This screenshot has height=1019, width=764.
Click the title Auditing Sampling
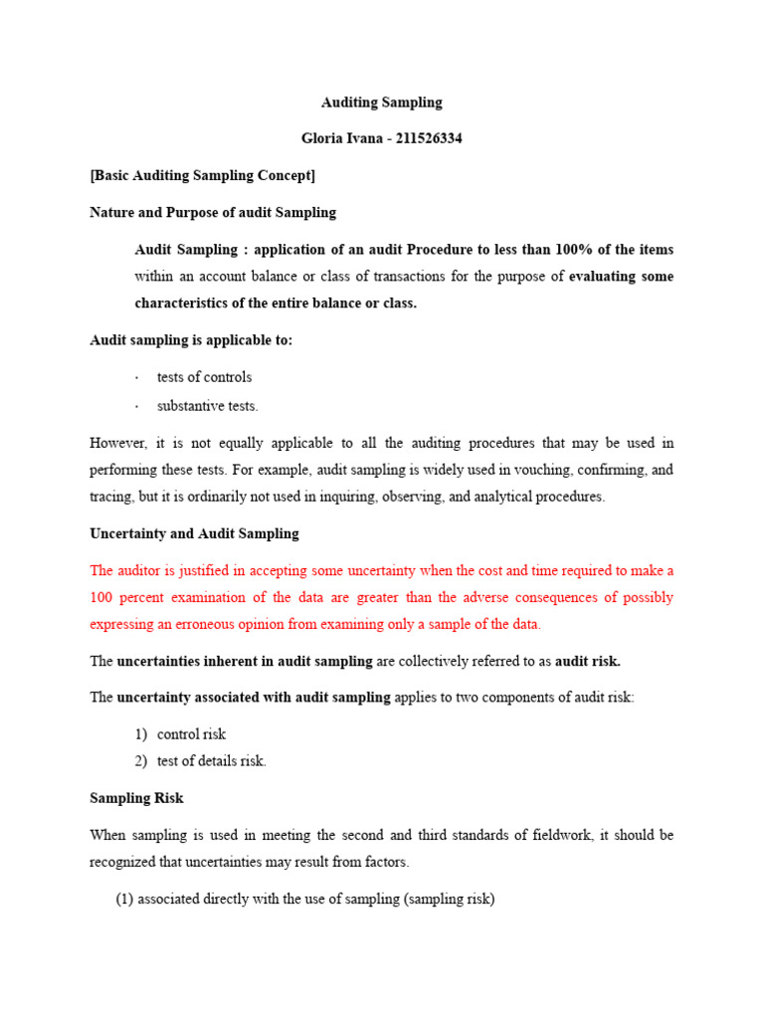tap(381, 102)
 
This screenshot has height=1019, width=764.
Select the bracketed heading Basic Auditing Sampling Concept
tap(202, 176)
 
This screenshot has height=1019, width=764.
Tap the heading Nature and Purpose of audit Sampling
tap(213, 212)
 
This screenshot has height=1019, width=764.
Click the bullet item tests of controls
tap(204, 377)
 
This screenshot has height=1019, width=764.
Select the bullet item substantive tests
tap(207, 406)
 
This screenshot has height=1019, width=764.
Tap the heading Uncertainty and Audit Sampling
tap(194, 533)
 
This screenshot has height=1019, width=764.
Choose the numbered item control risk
tap(191, 734)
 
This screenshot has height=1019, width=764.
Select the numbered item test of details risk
tap(211, 761)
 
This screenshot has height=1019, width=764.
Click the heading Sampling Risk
tap(136, 798)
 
